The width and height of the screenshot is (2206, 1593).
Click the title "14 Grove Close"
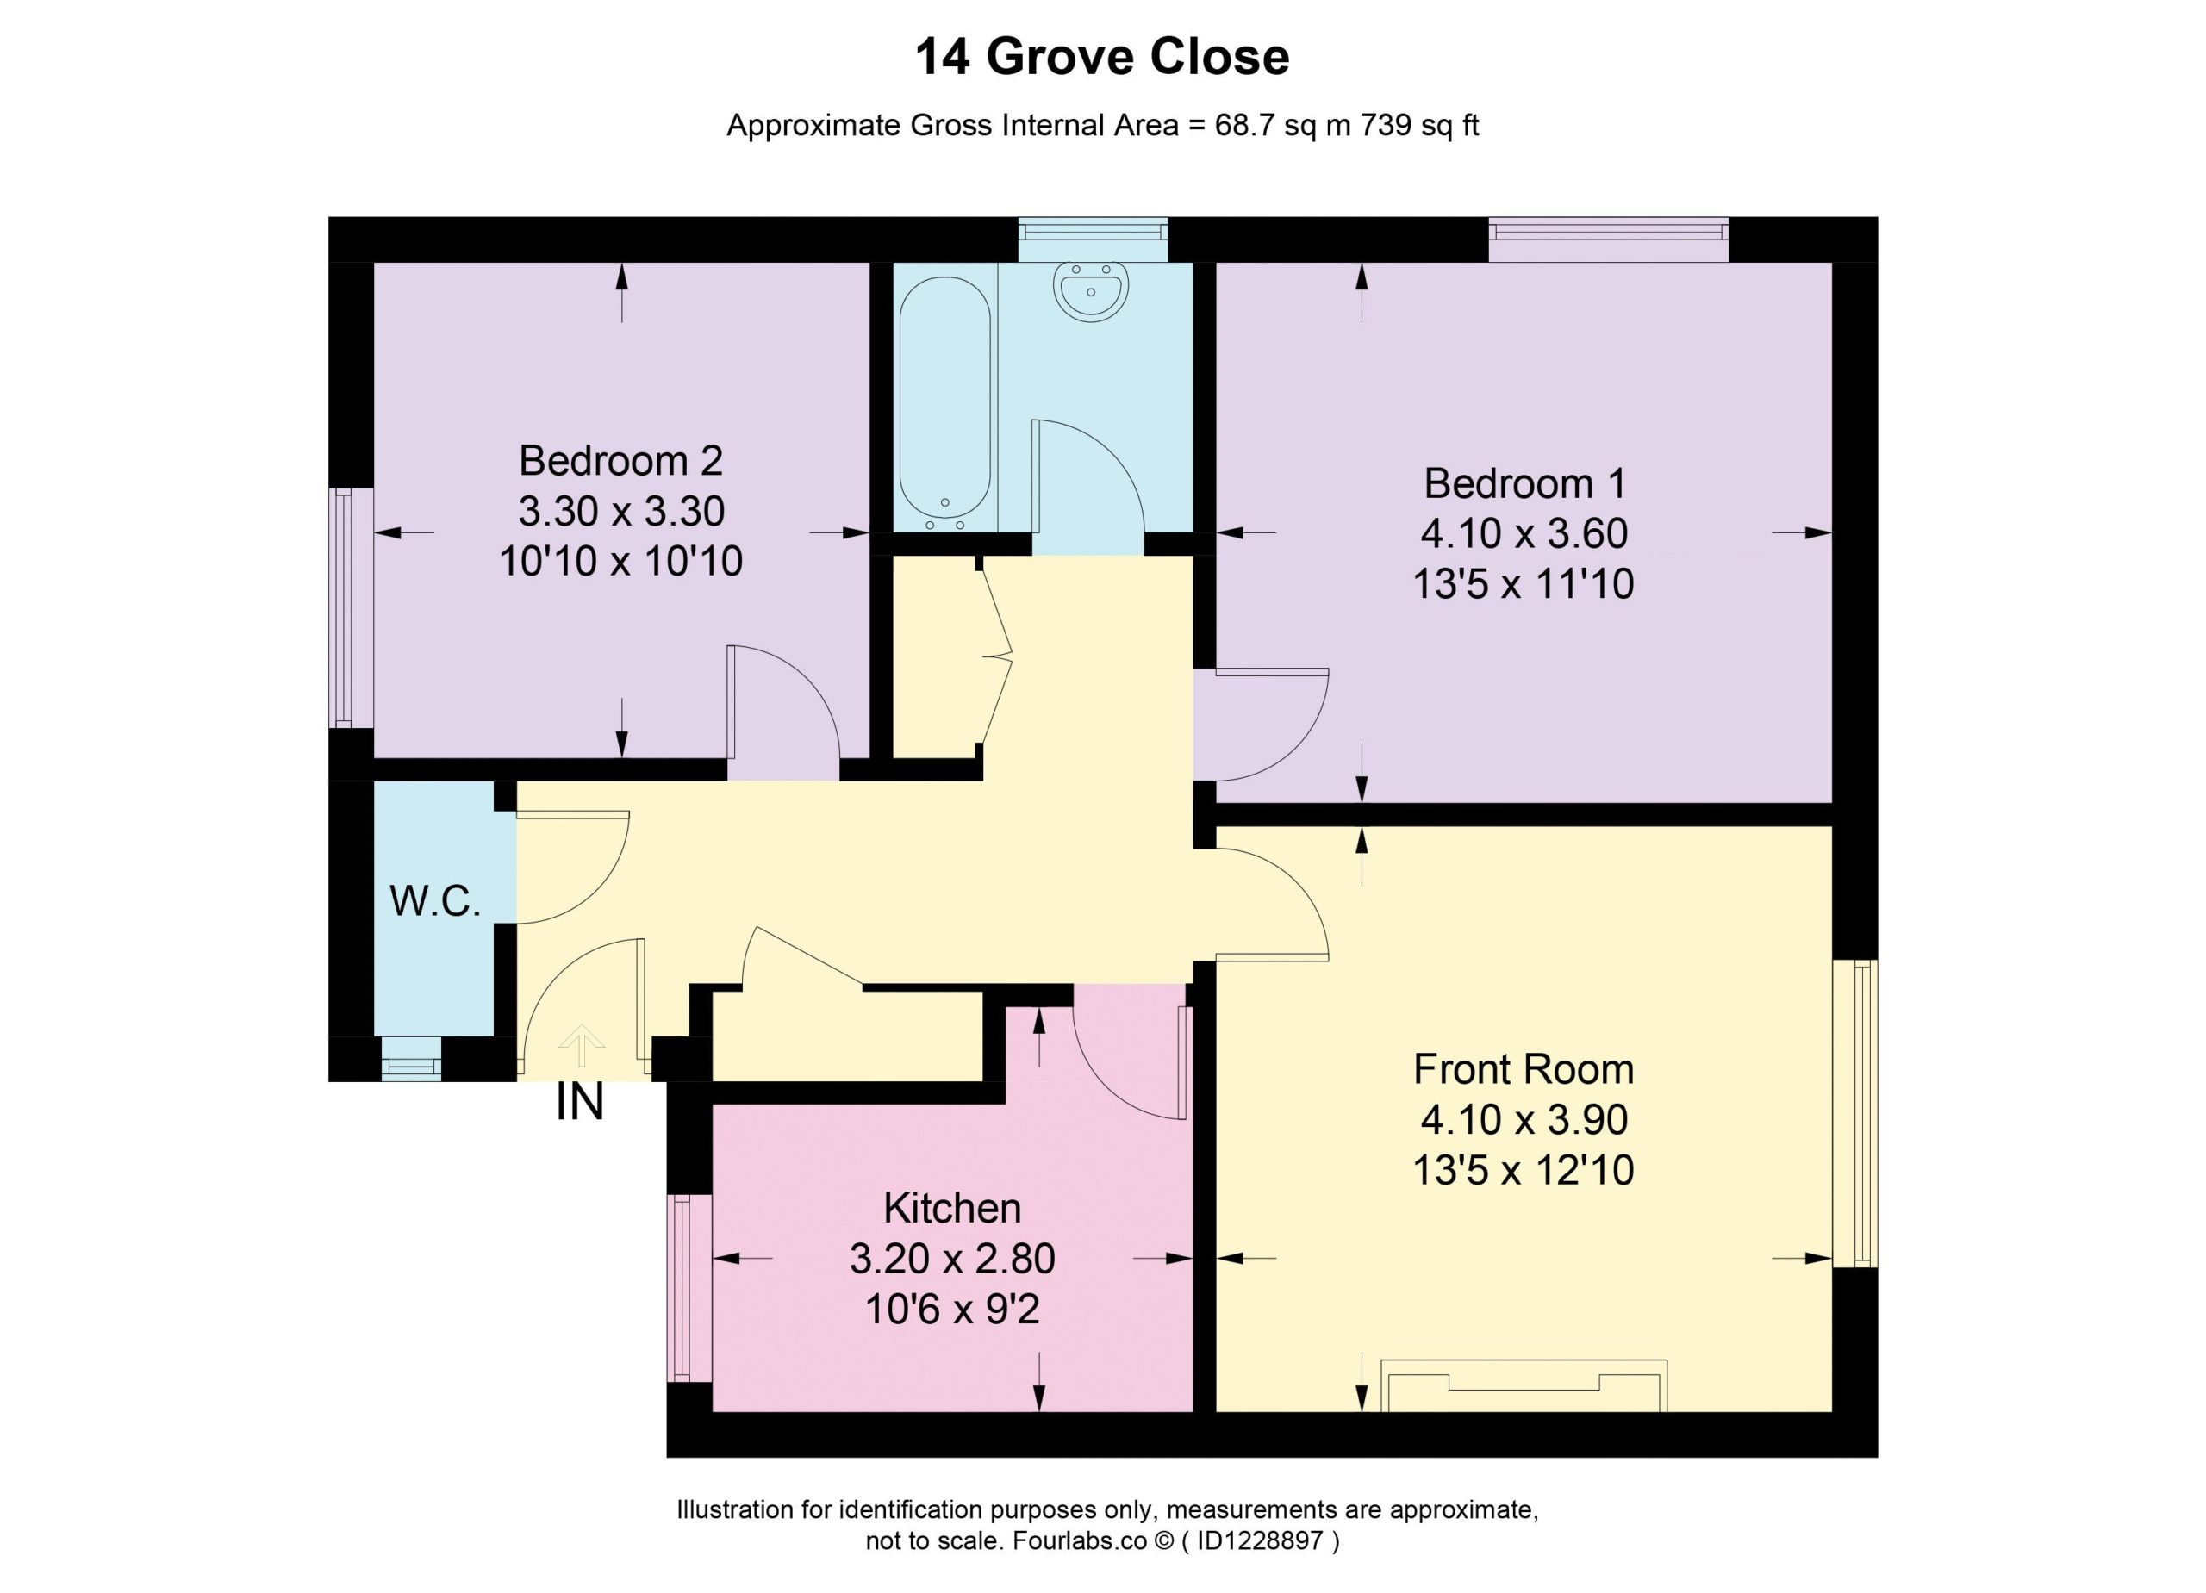(1102, 56)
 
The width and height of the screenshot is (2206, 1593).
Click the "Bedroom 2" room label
(620, 460)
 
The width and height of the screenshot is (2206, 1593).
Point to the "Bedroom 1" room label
(1524, 483)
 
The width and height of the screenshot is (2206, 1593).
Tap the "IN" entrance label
(580, 1102)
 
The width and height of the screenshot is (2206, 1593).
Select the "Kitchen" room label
(952, 1209)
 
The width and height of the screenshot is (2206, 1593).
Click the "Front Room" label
(1524, 1070)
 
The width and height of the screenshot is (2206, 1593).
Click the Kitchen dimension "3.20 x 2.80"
(952, 1260)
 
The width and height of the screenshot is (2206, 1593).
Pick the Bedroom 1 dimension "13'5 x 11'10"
(1524, 584)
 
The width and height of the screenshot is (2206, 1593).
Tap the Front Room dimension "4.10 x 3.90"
(1524, 1120)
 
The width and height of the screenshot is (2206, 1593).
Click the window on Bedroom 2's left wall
(343, 608)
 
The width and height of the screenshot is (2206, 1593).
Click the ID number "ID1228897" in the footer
(1260, 1540)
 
